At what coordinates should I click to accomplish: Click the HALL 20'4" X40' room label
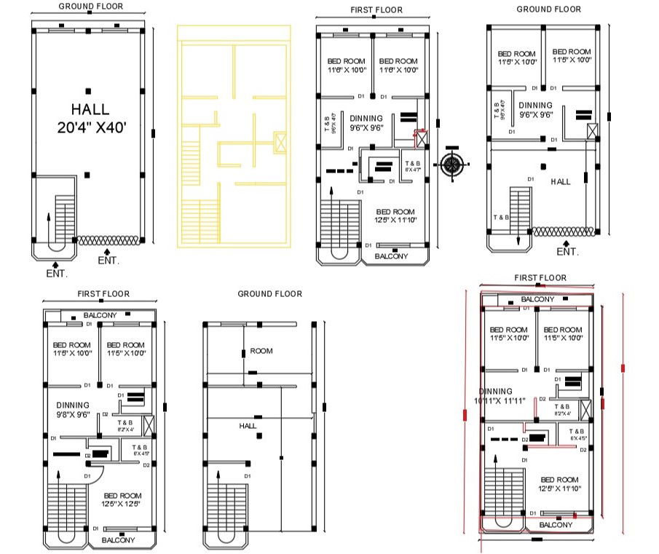(91, 119)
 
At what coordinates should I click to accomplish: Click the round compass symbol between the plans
(451, 165)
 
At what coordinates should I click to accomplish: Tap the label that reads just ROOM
(261, 351)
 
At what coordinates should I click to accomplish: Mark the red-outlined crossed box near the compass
(420, 135)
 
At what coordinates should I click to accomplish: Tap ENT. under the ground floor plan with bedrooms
(567, 252)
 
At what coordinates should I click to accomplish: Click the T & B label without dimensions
(501, 218)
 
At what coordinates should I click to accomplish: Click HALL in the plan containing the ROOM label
(248, 426)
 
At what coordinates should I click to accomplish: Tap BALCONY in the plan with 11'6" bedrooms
(392, 256)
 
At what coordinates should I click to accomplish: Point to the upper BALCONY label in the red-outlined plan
(537, 299)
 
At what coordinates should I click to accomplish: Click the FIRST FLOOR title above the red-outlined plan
(540, 278)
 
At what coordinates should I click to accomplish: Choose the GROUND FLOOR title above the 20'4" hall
(90, 7)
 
